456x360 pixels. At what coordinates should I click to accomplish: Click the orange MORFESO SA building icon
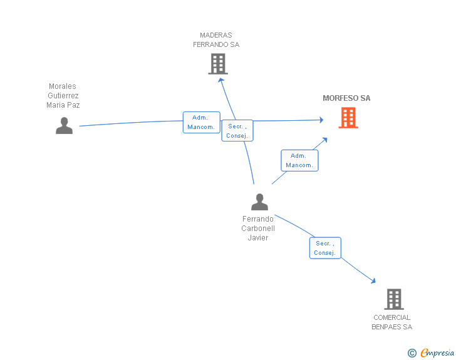coord(348,118)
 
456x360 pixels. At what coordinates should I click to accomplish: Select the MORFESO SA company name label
coord(346,98)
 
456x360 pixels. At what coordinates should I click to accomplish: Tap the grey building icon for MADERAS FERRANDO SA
coord(218,64)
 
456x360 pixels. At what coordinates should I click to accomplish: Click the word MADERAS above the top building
coord(215,35)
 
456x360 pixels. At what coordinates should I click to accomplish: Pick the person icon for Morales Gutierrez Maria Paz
coord(64,125)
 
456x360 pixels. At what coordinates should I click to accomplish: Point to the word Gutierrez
coord(63,96)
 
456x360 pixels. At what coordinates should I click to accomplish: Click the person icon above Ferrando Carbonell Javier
coord(259,202)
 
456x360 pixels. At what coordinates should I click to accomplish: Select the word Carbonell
coord(258,229)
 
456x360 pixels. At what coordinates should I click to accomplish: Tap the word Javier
coord(258,237)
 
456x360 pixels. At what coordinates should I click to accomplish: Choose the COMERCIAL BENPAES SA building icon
coord(394,299)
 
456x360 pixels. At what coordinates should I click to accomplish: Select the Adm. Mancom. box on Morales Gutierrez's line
coord(201,122)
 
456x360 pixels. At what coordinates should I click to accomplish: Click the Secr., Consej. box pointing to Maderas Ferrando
coord(237,131)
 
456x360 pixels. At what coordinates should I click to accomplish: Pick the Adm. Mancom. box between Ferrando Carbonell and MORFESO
coord(299,160)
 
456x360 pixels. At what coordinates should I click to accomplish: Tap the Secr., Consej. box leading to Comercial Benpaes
coord(325,248)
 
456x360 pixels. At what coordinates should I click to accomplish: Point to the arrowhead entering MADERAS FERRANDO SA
coord(221,80)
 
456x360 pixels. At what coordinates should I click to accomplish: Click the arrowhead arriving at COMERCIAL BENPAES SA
coord(373,280)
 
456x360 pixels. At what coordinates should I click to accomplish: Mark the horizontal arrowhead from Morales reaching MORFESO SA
coord(321,120)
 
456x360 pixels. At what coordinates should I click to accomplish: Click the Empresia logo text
coord(437,352)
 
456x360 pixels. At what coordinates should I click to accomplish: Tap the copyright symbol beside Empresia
coord(412,353)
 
